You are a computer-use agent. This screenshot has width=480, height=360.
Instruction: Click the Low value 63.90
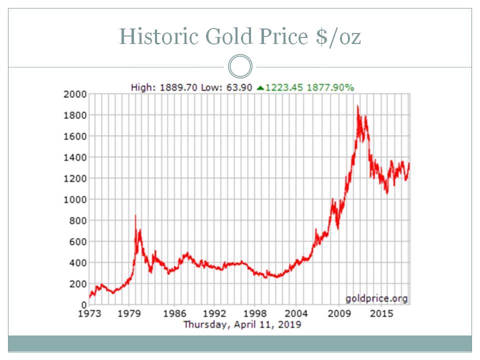[x=241, y=87]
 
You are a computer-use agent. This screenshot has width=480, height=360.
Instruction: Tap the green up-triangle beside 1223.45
[x=260, y=88]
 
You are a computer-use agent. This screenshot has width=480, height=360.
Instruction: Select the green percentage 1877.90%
[x=330, y=87]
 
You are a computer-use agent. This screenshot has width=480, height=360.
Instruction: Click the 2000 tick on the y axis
[x=74, y=94]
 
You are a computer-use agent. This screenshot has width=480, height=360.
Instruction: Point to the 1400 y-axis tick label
[x=74, y=157]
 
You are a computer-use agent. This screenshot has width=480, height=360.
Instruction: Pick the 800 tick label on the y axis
[x=77, y=220]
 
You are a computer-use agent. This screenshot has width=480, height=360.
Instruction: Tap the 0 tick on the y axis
[x=84, y=304]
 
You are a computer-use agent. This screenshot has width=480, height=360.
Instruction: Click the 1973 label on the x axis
[x=89, y=314]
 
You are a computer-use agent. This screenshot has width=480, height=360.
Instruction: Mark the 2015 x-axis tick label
[x=381, y=314]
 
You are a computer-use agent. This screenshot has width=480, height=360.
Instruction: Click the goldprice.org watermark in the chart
[x=376, y=298]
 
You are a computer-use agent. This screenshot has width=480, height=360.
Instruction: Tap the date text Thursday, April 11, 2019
[x=242, y=324]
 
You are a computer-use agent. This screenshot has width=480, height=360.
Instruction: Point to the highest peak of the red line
[x=357, y=106]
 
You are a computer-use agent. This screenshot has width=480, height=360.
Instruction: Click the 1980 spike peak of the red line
[x=135, y=215]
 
